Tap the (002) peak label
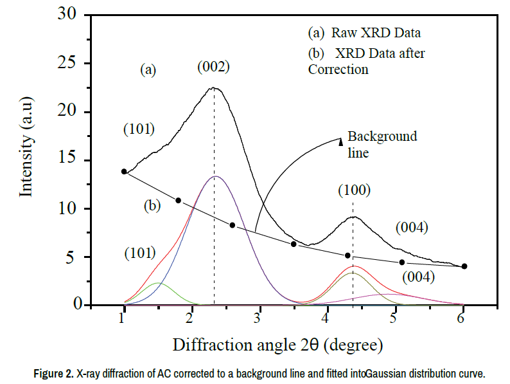tap(213, 66)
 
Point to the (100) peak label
tap(354, 190)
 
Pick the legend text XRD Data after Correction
tap(366, 61)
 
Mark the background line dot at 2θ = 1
tap(124, 172)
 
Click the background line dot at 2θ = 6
tap(464, 266)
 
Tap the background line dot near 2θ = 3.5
tap(294, 244)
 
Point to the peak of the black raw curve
tap(214, 88)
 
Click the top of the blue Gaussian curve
tap(216, 176)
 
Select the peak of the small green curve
tap(158, 283)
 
